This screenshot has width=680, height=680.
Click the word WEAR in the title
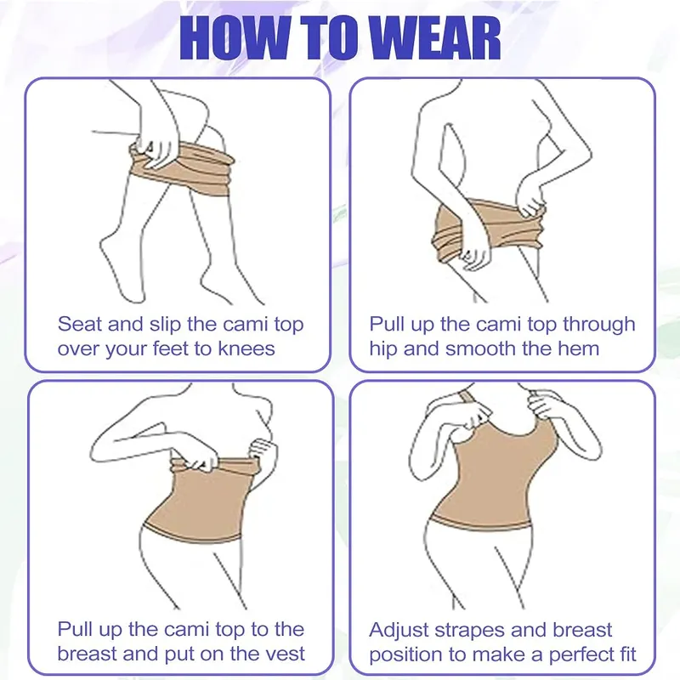435,37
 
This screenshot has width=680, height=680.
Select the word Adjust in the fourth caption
398,631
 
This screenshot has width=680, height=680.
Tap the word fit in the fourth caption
626,654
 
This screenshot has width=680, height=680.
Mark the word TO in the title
331,37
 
